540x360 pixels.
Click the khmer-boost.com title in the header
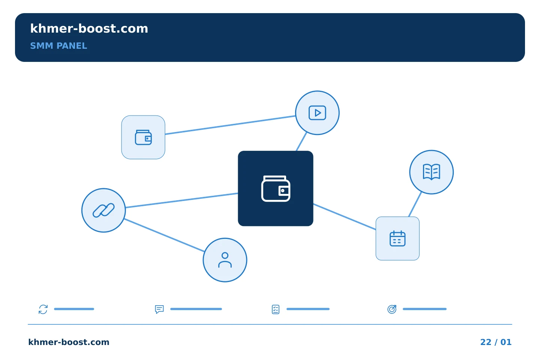coord(89,28)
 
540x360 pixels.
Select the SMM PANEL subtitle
coord(58,46)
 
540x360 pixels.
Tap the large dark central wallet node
coord(276,188)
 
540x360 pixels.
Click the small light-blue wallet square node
coord(143,137)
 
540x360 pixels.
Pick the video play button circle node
coord(317,112)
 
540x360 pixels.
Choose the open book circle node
coord(432,172)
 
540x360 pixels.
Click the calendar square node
coord(397,238)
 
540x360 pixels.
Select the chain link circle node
coord(103,210)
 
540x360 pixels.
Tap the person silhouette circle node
coord(225,260)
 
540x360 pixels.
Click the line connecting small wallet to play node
coord(230,125)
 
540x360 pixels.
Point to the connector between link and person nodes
coord(164,235)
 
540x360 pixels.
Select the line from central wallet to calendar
coord(345,217)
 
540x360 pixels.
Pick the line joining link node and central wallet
coord(182,200)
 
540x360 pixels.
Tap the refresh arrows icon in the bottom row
coord(43,309)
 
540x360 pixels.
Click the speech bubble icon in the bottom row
coord(159,309)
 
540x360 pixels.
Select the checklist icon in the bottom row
coord(276,309)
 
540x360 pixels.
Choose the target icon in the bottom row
coord(392,309)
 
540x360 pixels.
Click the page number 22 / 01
coord(496,342)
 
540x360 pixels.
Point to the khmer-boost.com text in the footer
coord(69,342)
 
